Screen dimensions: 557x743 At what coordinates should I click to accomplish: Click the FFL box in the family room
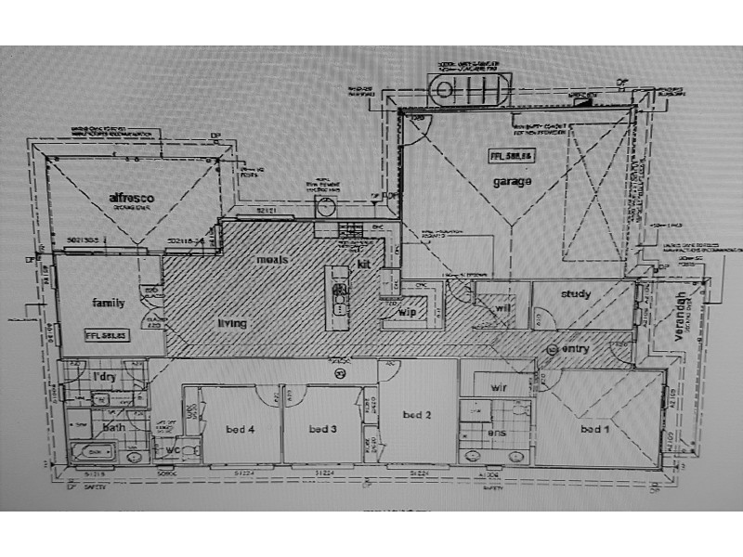pyautogui.click(x=104, y=334)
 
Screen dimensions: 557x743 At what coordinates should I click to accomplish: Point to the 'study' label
pyautogui.click(x=576, y=294)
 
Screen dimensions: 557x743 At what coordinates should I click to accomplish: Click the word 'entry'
pyautogui.click(x=577, y=348)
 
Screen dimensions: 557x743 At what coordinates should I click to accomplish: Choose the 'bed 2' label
pyautogui.click(x=417, y=414)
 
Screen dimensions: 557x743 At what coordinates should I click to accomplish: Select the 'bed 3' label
pyautogui.click(x=321, y=429)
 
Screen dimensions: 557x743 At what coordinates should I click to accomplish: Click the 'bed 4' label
pyautogui.click(x=241, y=429)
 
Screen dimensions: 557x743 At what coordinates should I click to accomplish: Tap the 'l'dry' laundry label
pyautogui.click(x=104, y=376)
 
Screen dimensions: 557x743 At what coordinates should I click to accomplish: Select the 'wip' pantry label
pyautogui.click(x=407, y=313)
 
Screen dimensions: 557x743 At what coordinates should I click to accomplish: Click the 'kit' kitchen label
pyautogui.click(x=364, y=265)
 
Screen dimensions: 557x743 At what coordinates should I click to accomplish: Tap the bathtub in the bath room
pyautogui.click(x=94, y=455)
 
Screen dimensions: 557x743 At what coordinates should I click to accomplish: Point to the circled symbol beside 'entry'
pyautogui.click(x=554, y=349)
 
